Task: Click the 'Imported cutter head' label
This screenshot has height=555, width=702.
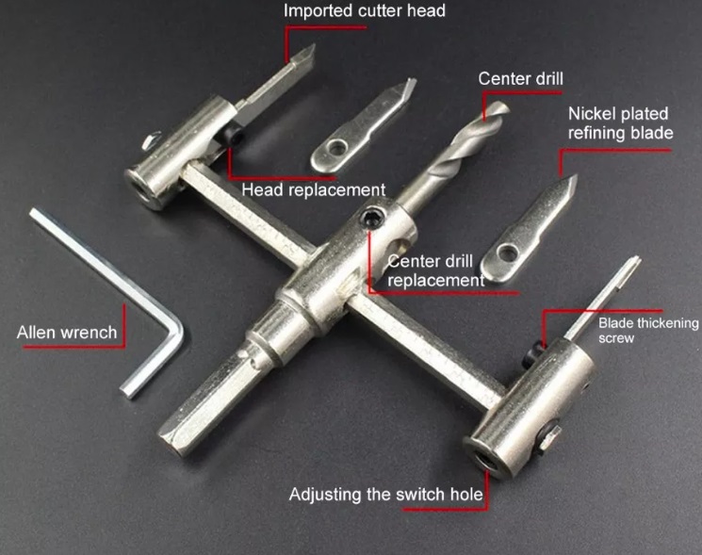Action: (x=365, y=10)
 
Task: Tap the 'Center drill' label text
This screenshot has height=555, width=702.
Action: (x=521, y=79)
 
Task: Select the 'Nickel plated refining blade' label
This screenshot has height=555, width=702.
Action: (x=621, y=123)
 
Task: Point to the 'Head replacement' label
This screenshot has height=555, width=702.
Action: (x=314, y=189)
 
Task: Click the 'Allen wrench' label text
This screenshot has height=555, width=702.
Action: (x=67, y=333)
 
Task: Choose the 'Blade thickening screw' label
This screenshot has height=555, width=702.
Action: (x=648, y=330)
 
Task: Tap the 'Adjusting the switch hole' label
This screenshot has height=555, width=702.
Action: (x=386, y=494)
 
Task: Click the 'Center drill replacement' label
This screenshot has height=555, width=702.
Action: (x=435, y=270)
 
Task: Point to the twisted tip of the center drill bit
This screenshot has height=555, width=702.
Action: (x=498, y=110)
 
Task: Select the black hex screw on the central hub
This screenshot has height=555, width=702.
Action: (x=372, y=219)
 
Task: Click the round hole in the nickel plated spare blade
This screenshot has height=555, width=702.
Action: (x=507, y=253)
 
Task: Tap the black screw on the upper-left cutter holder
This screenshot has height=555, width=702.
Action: (x=234, y=134)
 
